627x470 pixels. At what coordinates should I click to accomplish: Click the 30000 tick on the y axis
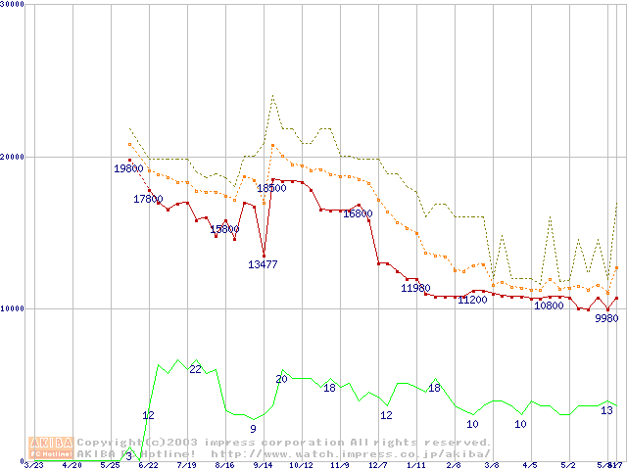point(14,5)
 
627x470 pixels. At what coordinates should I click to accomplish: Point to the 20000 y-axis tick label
point(14,157)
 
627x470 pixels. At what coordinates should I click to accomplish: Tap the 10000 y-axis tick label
point(14,308)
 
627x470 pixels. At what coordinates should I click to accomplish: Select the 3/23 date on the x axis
point(33,465)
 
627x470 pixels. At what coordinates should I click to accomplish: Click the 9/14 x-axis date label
point(263,465)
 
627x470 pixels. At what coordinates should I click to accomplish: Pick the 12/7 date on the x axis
point(377,465)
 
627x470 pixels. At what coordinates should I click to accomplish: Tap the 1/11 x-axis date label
point(415,465)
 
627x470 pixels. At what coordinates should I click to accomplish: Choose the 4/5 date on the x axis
point(530,465)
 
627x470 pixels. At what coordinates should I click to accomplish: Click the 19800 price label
point(128,169)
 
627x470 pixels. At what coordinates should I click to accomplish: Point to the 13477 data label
point(264,264)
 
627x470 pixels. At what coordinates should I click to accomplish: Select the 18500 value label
point(271,188)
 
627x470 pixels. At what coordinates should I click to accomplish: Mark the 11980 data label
point(415,288)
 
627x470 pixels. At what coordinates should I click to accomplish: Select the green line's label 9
point(253,429)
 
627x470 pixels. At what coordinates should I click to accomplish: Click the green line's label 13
point(606,410)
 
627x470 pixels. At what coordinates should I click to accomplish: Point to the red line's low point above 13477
point(264,256)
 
